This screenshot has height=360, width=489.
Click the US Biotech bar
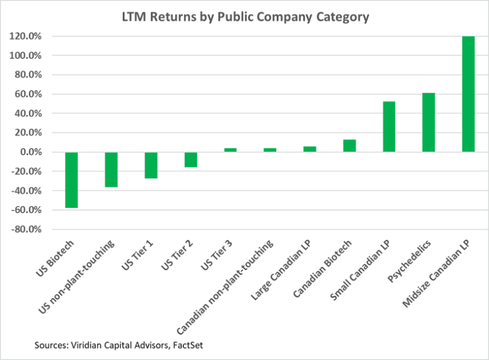[x=72, y=180]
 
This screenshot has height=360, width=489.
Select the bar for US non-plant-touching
[x=111, y=169]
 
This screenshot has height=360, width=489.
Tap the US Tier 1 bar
[x=151, y=165]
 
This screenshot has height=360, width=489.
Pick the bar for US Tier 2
[x=191, y=160]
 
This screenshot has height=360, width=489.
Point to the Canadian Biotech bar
[x=349, y=146]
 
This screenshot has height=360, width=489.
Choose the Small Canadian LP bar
[x=389, y=127]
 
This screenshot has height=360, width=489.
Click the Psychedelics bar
[x=428, y=122]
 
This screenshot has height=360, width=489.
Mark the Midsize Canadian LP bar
[x=468, y=94]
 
